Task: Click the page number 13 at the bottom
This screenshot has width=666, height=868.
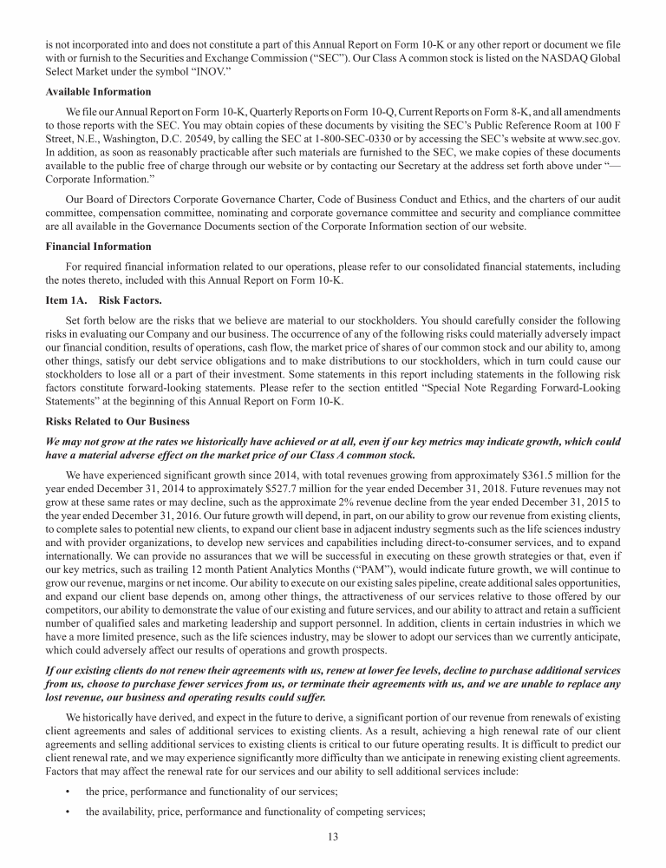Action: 333,836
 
